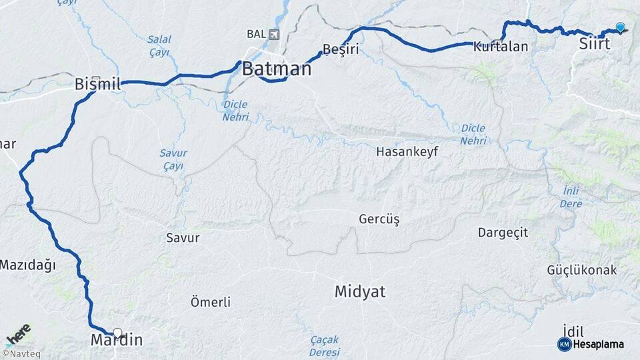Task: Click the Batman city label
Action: [276, 69]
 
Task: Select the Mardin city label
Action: [116, 340]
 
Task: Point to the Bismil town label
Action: [98, 84]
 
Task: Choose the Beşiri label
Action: [341, 49]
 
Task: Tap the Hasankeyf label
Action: [407, 151]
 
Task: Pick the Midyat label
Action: [360, 291]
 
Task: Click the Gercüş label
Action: [379, 219]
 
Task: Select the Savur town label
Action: [183, 237]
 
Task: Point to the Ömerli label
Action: [211, 302]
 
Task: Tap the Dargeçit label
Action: [503, 232]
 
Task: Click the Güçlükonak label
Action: [582, 270]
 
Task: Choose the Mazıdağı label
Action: [27, 265]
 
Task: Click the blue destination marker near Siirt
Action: [621, 27]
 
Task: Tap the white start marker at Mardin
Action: [117, 332]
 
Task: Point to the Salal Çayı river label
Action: [159, 45]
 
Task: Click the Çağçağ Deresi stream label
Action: [324, 345]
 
